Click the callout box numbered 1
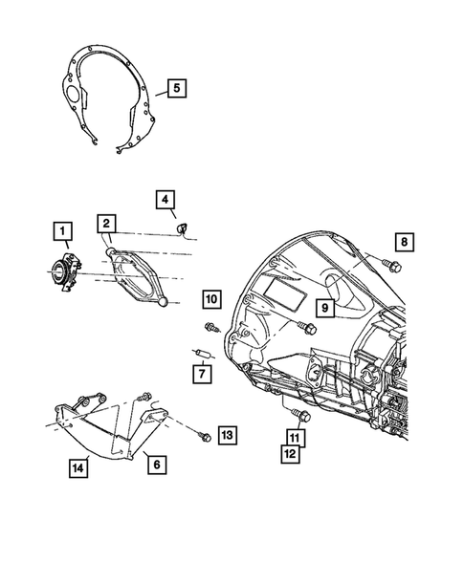click(61, 231)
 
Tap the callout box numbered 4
click(166, 199)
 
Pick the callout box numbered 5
click(175, 89)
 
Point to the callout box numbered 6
click(157, 466)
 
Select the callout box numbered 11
click(296, 438)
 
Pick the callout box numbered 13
click(226, 436)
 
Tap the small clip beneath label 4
click(180, 228)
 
